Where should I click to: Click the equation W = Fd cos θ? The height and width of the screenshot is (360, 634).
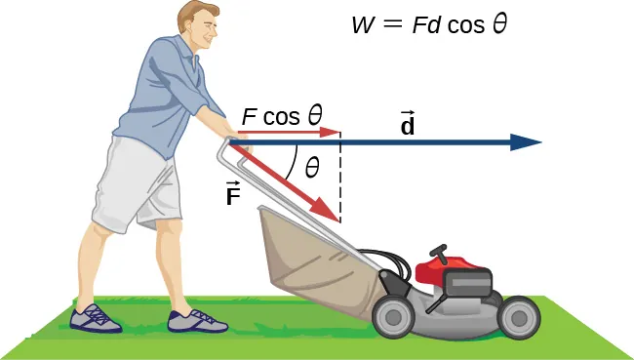pyautogui.click(x=430, y=24)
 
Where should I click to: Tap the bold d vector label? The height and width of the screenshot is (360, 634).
pyautogui.click(x=408, y=125)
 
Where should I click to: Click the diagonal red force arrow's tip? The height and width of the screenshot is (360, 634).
pyautogui.click(x=332, y=214)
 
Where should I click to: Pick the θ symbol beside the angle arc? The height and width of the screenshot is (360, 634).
pyautogui.click(x=312, y=168)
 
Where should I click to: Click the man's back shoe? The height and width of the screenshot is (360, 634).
pyautogui.click(x=96, y=318)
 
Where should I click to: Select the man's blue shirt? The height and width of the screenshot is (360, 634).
pyautogui.click(x=166, y=93)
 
